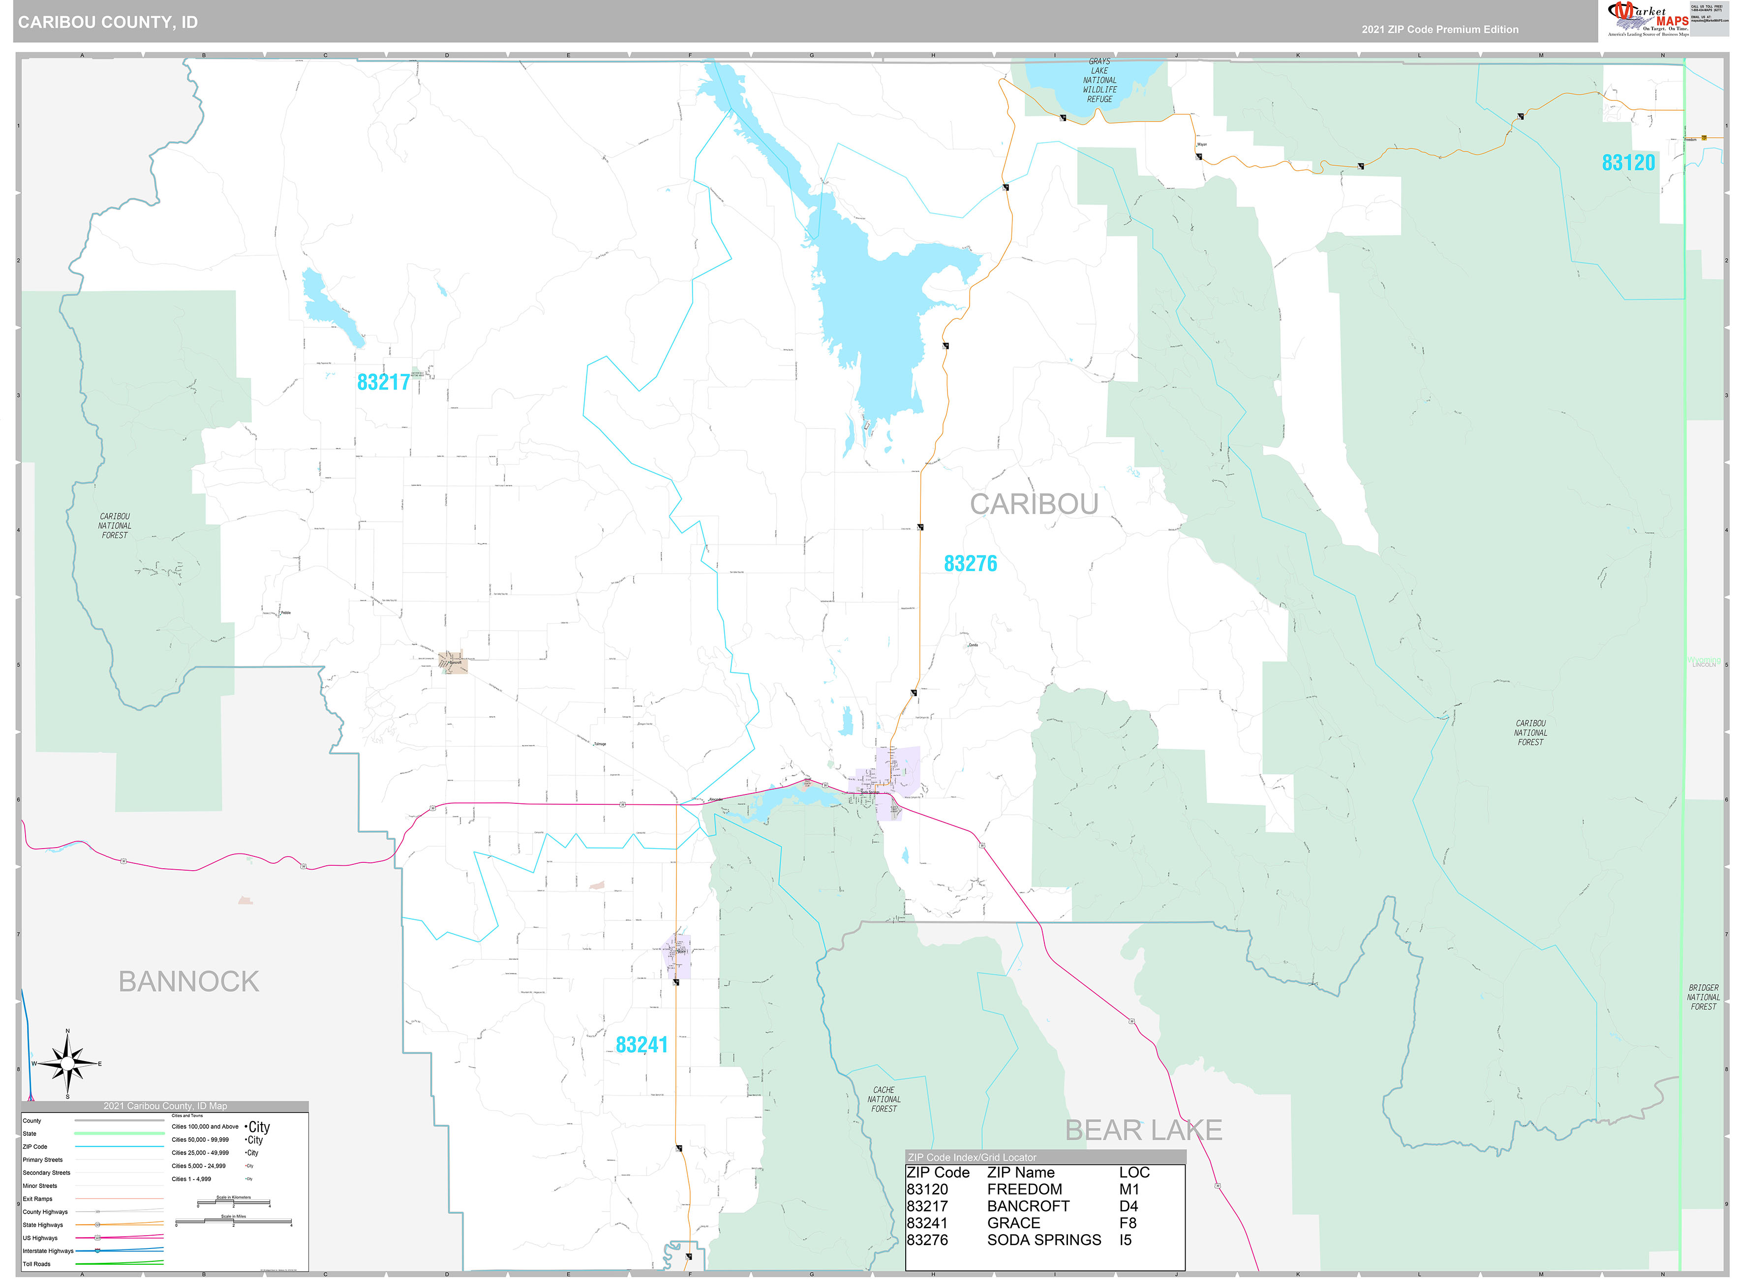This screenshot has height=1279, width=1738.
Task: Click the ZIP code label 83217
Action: pos(383,382)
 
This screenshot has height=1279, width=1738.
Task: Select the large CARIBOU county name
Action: pos(1034,504)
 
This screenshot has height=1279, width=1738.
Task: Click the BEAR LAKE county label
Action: pos(1143,1130)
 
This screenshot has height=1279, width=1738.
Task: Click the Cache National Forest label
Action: pos(884,1099)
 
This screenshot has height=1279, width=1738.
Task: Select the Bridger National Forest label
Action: pos(1703,997)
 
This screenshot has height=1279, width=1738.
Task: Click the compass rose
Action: pos(67,1065)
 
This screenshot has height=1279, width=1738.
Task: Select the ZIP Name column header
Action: pos(1020,1172)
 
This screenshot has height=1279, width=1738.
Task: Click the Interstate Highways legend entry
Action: pos(48,1251)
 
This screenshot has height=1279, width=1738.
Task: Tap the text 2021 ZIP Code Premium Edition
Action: pos(1439,30)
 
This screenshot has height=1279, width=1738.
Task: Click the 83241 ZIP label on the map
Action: pos(641,1045)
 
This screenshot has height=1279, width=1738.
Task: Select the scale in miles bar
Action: pos(233,1222)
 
